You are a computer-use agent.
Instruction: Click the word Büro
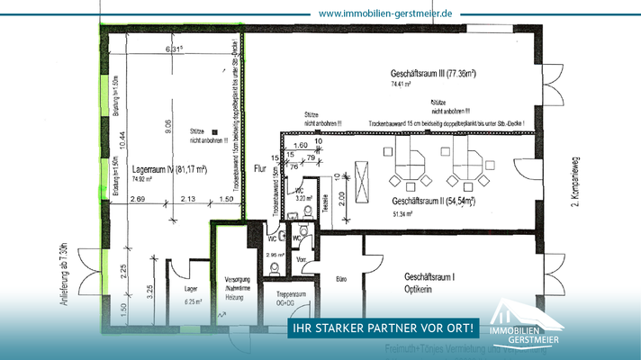pyautogui.click(x=342, y=279)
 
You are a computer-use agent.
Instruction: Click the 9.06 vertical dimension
pyautogui.click(x=169, y=127)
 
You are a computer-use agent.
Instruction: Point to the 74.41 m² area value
pyautogui.click(x=402, y=85)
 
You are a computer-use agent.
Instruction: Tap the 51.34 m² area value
pyautogui.click(x=402, y=214)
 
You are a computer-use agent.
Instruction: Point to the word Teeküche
pyautogui.click(x=324, y=204)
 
